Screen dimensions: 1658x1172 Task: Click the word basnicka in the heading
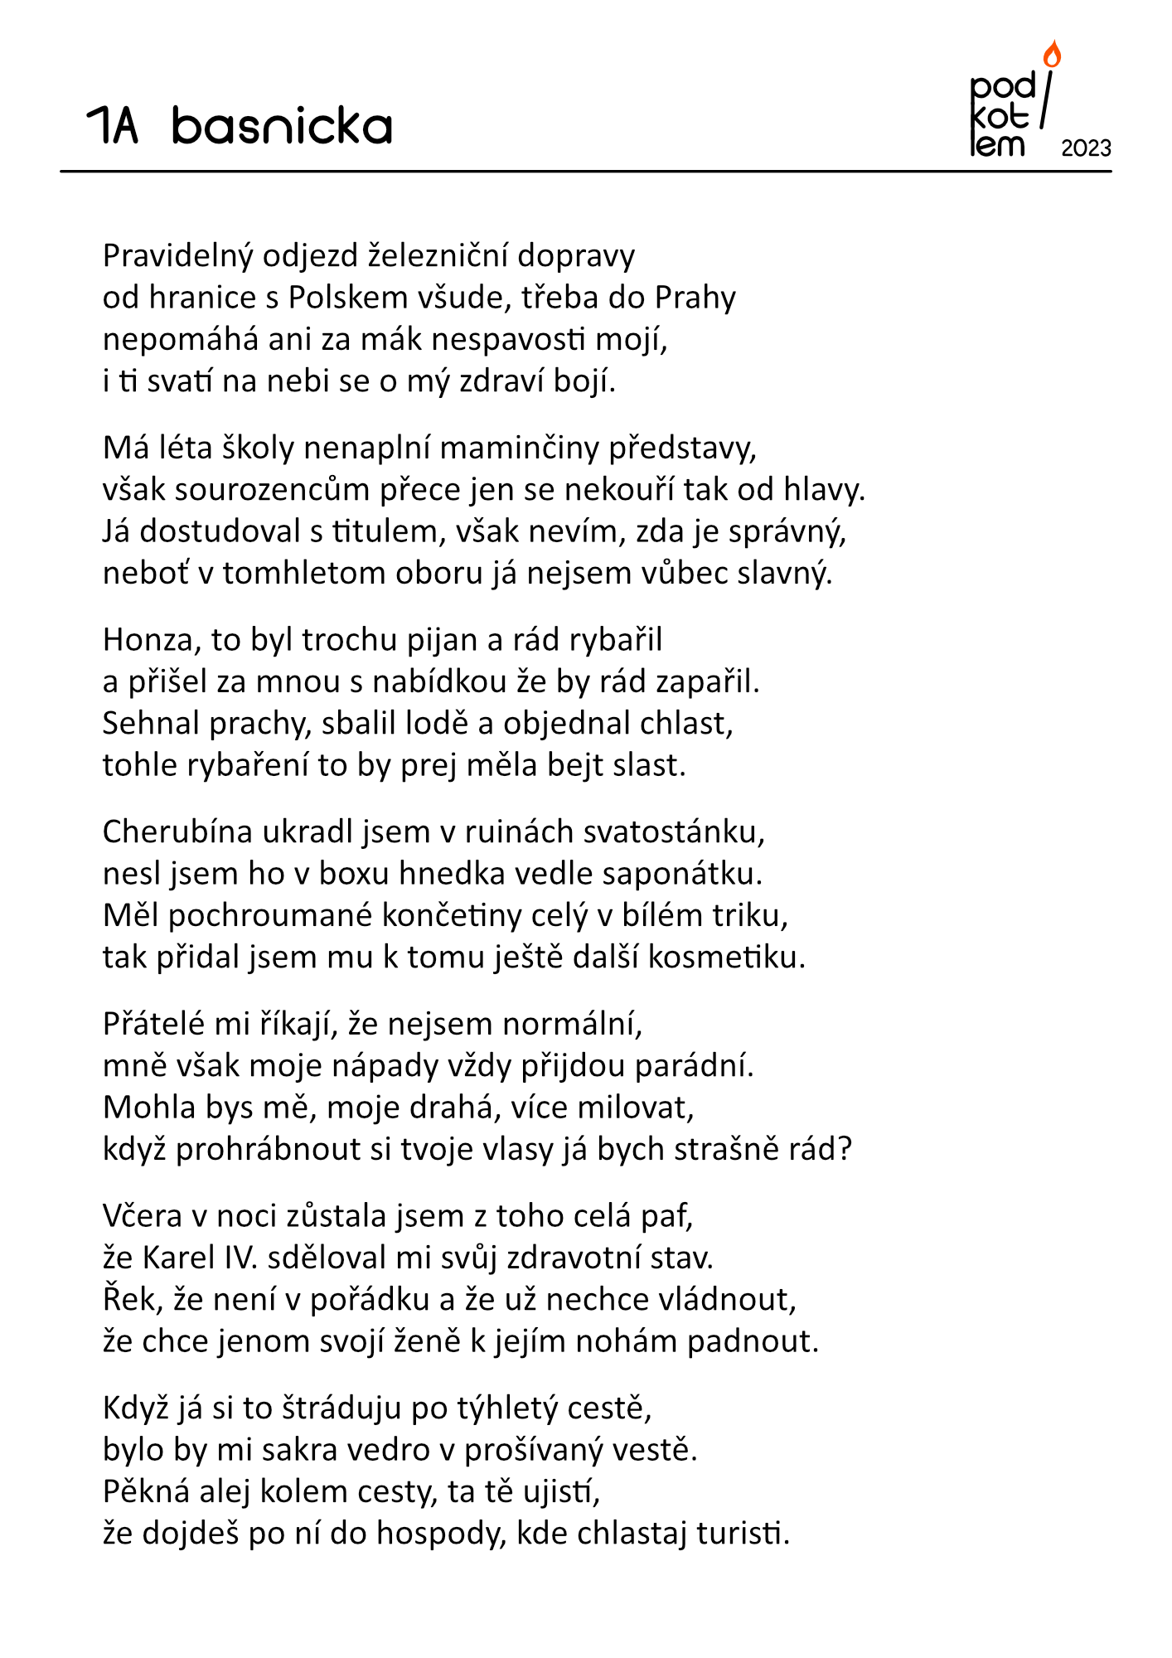click(x=282, y=126)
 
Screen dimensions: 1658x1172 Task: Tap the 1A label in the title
click(x=113, y=126)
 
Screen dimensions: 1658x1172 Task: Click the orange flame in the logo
click(x=1052, y=55)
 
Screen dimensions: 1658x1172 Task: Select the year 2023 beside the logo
click(x=1086, y=148)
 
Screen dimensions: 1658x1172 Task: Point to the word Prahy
click(x=695, y=298)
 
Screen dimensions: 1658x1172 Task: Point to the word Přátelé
click(x=154, y=1025)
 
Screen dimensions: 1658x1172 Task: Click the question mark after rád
click(x=845, y=1150)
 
